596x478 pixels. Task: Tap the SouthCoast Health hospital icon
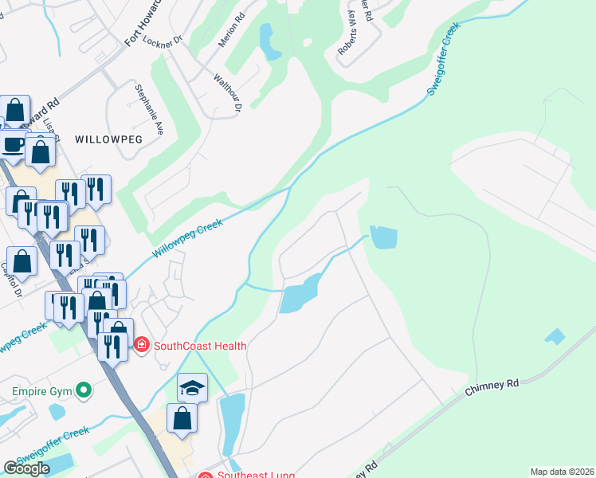[x=142, y=346]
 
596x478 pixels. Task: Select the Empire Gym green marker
[x=81, y=390]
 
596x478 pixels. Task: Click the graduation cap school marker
[x=192, y=388]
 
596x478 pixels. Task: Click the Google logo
[x=26, y=468]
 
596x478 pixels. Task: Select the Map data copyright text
[x=562, y=472]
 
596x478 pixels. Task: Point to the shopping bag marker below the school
[x=182, y=417]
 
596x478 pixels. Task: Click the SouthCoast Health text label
[x=200, y=346]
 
